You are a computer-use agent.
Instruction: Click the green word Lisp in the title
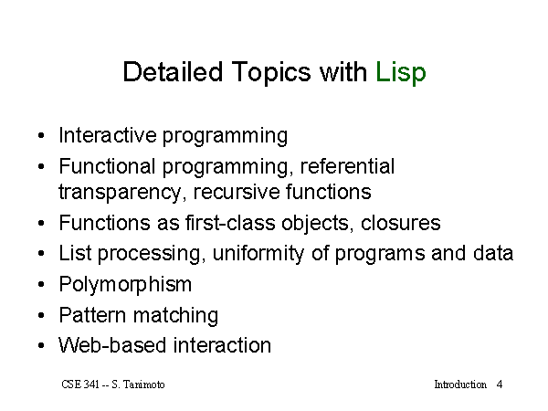pos(401,73)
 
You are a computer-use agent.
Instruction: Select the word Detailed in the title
pos(173,71)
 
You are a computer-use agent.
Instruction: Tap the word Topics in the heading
pos(271,73)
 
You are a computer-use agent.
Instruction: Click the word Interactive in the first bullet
pos(108,135)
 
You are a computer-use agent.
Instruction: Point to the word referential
pos(347,165)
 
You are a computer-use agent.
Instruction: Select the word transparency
pos(120,193)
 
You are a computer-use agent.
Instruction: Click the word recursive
pos(237,192)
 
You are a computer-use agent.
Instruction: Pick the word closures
pos(401,223)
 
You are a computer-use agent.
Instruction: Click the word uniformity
pos(258,254)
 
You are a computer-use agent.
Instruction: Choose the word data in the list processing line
pos(493,253)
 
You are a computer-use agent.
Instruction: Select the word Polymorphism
pos(125,284)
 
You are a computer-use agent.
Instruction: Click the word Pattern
pos(92,315)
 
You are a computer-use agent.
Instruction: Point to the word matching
pos(175,316)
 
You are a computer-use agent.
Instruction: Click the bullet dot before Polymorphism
pos(41,284)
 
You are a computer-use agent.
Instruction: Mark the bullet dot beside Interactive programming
pos(41,135)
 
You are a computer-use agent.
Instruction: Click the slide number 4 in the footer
pos(500,385)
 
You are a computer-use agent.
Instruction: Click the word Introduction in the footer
pos(460,385)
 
